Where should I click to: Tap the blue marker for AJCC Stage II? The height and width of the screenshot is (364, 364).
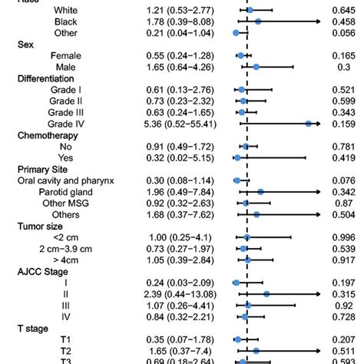(266, 294)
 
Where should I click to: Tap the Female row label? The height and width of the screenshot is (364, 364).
(65, 56)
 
